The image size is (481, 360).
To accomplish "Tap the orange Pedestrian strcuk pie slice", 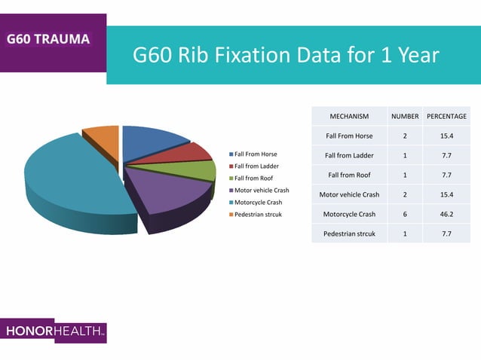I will (x=103, y=140).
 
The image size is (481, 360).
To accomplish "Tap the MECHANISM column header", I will (x=349, y=117).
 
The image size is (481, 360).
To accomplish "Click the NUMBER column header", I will (x=405, y=117).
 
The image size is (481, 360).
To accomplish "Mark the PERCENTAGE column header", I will (x=446, y=117).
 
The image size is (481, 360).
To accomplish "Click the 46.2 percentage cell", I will (x=446, y=214).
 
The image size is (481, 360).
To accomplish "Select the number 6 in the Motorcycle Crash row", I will (x=405, y=214).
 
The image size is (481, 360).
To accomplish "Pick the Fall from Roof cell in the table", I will (x=349, y=175).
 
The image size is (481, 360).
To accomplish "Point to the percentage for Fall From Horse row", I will (x=446, y=136).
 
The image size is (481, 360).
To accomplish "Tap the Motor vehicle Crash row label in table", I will (x=349, y=194).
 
